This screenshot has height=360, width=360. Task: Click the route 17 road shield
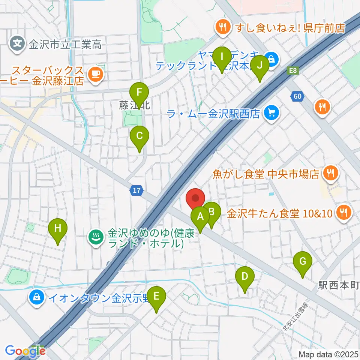click(x=137, y=191)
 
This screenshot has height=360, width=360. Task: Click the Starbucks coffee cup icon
click(x=94, y=74)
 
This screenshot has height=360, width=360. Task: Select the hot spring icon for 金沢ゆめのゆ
click(x=96, y=237)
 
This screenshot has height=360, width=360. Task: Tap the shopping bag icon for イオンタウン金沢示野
click(x=37, y=298)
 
